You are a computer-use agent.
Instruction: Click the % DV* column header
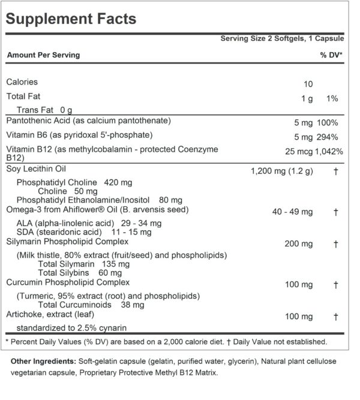(331, 55)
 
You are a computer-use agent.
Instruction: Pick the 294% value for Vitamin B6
(332, 136)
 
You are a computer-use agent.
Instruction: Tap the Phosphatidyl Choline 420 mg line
(74, 182)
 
